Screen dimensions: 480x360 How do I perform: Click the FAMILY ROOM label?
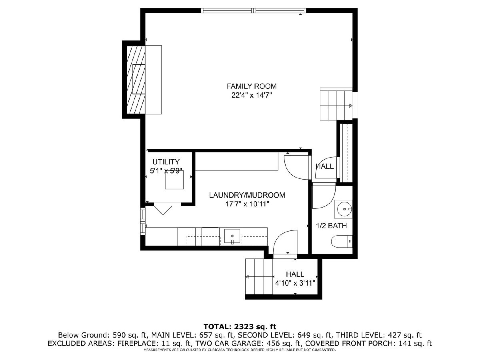pyautogui.click(x=251, y=86)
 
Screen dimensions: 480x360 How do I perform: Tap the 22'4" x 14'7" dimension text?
pyautogui.click(x=252, y=96)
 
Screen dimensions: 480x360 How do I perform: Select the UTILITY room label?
pyautogui.click(x=166, y=162)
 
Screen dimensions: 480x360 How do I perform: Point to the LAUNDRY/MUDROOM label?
pyautogui.click(x=247, y=195)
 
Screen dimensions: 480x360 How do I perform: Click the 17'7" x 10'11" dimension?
pyautogui.click(x=247, y=204)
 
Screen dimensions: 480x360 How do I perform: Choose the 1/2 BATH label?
pyautogui.click(x=332, y=226)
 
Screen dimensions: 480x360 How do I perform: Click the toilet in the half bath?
pyautogui.click(x=342, y=242)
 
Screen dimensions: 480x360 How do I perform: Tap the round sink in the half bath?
pyautogui.click(x=344, y=209)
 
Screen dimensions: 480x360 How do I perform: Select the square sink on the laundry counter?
pyautogui.click(x=232, y=236)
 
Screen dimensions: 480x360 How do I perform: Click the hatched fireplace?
pyautogui.click(x=136, y=80)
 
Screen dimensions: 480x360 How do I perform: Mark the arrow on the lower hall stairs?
pyautogui.click(x=260, y=277)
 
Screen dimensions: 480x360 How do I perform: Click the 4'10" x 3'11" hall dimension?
pyautogui.click(x=295, y=283)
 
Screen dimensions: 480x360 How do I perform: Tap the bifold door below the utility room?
pyautogui.click(x=163, y=208)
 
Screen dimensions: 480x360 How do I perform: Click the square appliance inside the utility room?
pyautogui.click(x=174, y=180)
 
